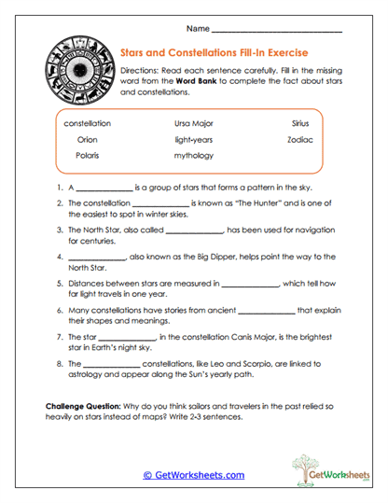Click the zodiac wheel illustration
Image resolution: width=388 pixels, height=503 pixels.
pos(74,72)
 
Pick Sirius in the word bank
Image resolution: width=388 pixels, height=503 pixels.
pos(300,123)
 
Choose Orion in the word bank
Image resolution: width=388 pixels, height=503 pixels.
pos(88,139)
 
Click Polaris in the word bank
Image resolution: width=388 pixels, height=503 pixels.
pos(88,156)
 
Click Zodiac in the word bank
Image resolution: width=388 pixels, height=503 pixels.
pos(300,139)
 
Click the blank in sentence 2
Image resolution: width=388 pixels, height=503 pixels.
pos(160,205)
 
